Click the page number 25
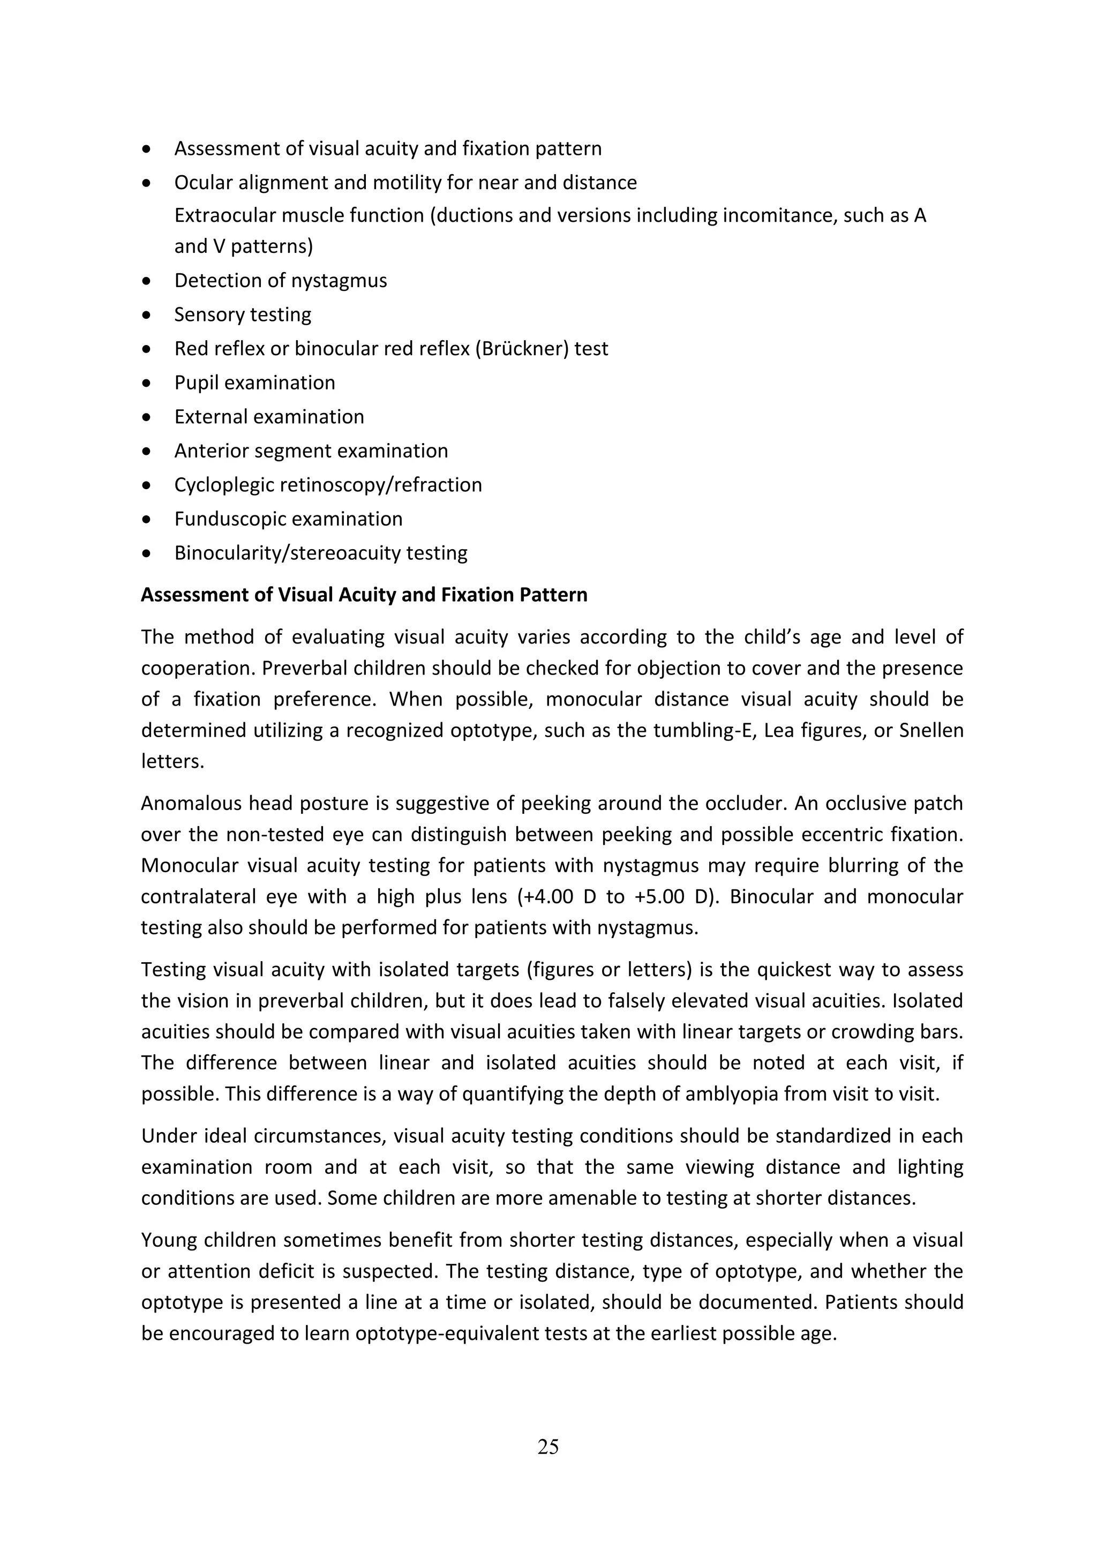[548, 1447]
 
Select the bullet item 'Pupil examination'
[254, 383]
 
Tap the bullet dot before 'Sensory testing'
[147, 315]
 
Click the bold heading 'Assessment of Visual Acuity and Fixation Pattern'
[364, 595]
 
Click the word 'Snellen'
[931, 730]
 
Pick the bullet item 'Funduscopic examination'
[288, 519]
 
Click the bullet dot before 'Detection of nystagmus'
[147, 281]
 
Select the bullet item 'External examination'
[269, 417]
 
